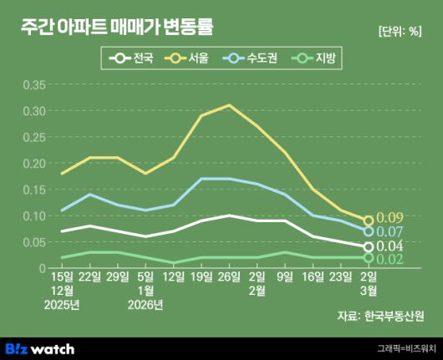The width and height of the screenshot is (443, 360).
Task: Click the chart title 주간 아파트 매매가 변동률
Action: [116, 28]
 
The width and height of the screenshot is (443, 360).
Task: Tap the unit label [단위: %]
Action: [400, 33]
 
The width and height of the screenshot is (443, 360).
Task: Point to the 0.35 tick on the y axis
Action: [34, 84]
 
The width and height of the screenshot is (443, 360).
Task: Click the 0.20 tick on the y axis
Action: [34, 163]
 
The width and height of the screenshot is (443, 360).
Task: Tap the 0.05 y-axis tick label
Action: [34, 242]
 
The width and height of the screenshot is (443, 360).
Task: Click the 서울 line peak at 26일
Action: [229, 105]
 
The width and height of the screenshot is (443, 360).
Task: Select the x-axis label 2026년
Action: [145, 304]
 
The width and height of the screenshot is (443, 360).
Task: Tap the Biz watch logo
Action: [39, 348]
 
